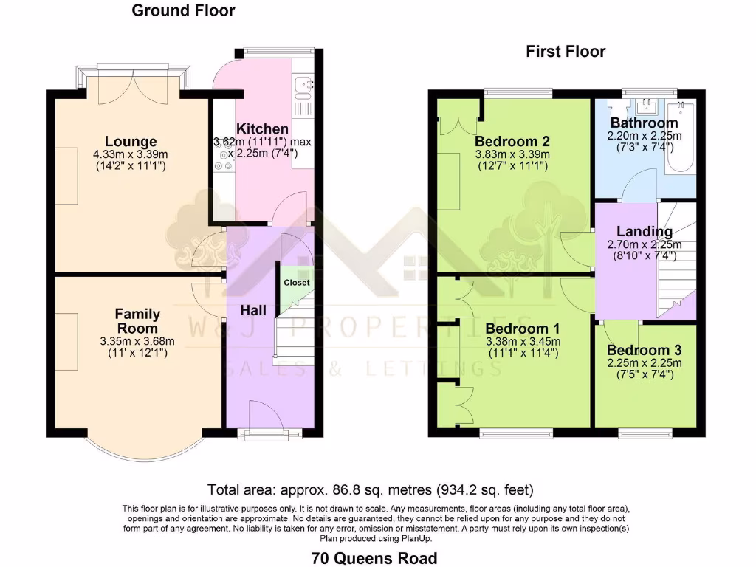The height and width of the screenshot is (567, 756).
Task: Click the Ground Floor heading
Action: pyautogui.click(x=183, y=10)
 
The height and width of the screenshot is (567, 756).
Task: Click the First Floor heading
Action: pyautogui.click(x=566, y=51)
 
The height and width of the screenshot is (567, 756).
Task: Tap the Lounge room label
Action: pyautogui.click(x=131, y=142)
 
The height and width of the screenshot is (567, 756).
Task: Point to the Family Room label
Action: pyautogui.click(x=138, y=321)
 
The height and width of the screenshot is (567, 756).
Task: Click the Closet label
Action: pyautogui.click(x=297, y=283)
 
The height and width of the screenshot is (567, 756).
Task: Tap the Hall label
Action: pyautogui.click(x=253, y=311)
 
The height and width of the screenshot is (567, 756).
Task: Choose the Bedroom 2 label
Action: pyautogui.click(x=512, y=142)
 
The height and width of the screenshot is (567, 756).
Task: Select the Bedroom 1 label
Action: pyautogui.click(x=523, y=329)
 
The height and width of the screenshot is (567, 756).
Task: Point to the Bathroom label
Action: pyautogui.click(x=644, y=123)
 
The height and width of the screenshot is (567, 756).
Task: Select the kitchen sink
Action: pyautogui.click(x=302, y=88)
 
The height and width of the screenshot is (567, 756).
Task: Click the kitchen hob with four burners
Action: pyautogui.click(x=223, y=156)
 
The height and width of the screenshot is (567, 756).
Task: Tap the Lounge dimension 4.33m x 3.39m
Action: pyautogui.click(x=130, y=154)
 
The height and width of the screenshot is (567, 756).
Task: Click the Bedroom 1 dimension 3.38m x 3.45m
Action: pyautogui.click(x=523, y=341)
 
